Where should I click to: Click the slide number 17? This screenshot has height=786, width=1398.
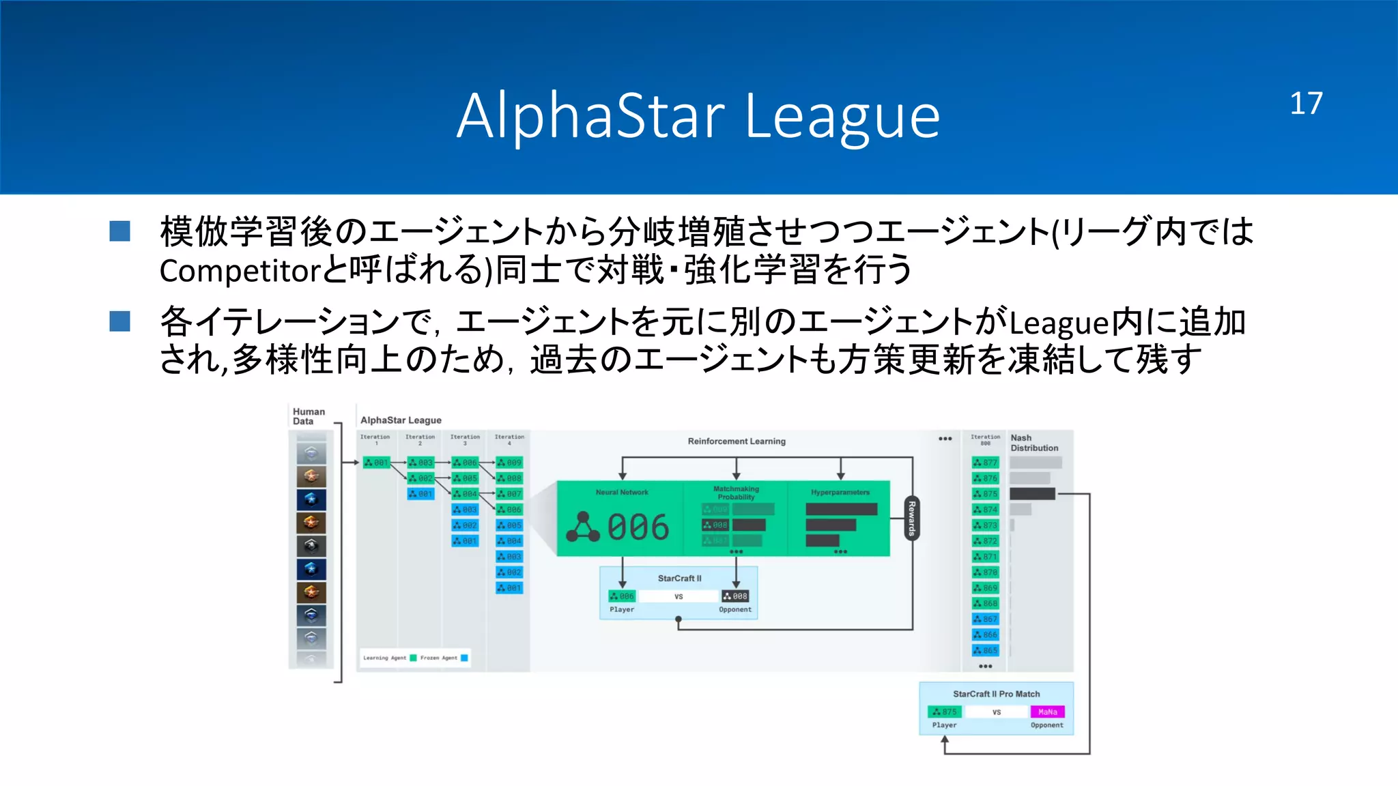tap(1305, 104)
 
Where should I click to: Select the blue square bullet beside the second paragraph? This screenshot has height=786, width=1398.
tap(120, 321)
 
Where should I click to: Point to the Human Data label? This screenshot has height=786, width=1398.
tap(309, 416)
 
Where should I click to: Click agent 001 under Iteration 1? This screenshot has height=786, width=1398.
tap(376, 463)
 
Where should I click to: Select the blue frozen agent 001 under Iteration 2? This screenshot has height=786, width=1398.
tap(420, 493)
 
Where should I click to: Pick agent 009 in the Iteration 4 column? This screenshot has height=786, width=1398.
tap(509, 463)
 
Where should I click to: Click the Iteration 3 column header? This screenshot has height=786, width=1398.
tap(465, 439)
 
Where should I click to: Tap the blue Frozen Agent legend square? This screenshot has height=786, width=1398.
tap(464, 658)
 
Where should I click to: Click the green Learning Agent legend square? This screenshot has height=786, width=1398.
tap(413, 658)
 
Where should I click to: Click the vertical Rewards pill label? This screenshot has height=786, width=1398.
tap(911, 519)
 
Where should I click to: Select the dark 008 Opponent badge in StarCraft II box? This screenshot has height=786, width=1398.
tap(735, 596)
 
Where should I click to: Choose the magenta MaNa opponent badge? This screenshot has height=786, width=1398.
tap(1047, 712)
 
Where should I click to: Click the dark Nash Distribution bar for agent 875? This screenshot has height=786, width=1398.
tap(1031, 493)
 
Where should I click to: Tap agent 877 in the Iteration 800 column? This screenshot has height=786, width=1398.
tap(985, 463)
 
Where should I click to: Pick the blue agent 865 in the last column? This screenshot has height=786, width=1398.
tap(985, 650)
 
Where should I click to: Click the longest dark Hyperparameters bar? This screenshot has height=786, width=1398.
tap(841, 509)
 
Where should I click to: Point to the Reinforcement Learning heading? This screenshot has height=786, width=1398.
tap(737, 441)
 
